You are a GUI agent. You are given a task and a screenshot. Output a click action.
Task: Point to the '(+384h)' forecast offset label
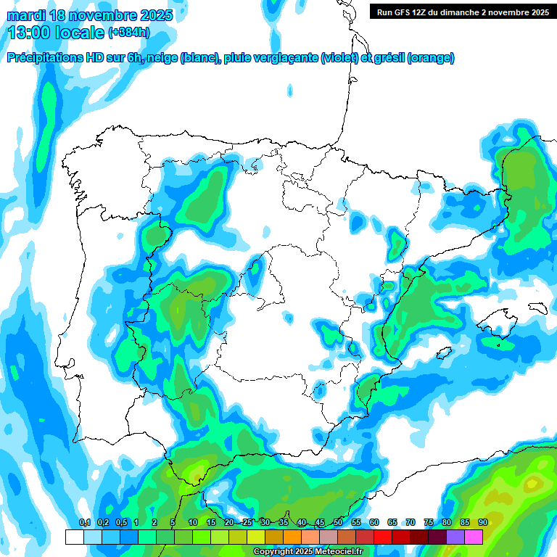click(x=128, y=33)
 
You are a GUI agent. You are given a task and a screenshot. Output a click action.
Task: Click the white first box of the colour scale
click(x=74, y=537)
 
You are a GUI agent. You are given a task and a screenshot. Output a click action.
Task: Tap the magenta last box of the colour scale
click(x=474, y=537)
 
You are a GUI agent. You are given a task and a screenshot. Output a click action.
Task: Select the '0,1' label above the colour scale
click(x=84, y=523)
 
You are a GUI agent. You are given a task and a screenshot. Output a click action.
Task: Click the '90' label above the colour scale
click(x=482, y=523)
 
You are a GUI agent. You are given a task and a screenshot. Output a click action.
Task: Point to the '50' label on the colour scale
click(x=338, y=523)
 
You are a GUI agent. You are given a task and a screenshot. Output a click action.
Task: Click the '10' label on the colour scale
click(x=193, y=523)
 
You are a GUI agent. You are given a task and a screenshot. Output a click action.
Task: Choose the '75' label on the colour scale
click(x=429, y=523)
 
